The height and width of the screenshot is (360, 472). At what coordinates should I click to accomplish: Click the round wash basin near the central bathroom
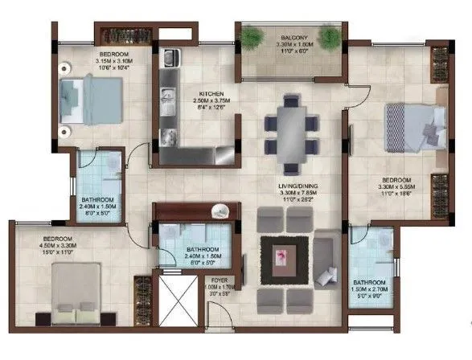coord(217,211)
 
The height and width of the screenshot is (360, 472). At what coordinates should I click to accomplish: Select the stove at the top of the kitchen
coord(170,59)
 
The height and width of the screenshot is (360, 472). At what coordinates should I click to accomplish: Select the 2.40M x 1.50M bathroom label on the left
coord(98,207)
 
